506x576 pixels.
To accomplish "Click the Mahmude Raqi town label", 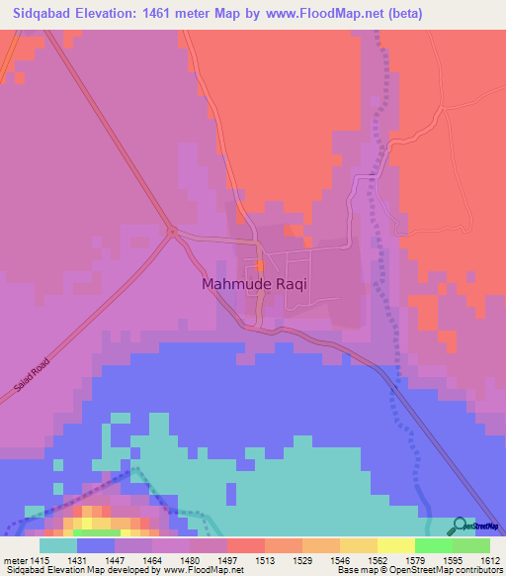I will (x=254, y=283).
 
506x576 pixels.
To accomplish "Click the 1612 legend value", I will (x=490, y=560).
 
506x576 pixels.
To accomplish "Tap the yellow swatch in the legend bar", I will (x=396, y=545).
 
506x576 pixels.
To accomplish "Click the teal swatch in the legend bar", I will (x=58, y=545).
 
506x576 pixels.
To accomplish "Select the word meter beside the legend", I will (x=15, y=560).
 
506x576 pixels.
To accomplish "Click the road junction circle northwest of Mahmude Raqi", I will (x=172, y=233).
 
